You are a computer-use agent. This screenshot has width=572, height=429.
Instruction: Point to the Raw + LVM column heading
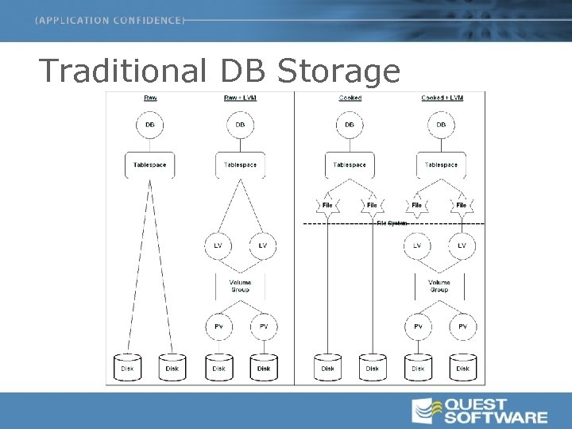[240, 98]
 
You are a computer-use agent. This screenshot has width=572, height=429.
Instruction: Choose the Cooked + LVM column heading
[441, 98]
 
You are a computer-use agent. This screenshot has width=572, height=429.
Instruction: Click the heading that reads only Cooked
[350, 98]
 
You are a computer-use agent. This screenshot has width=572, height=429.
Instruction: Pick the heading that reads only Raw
[149, 98]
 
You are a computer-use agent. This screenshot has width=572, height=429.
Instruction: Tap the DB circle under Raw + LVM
[240, 125]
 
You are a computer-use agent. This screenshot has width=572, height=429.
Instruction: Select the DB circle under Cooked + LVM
[441, 125]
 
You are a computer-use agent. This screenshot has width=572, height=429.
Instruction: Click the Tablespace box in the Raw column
[149, 164]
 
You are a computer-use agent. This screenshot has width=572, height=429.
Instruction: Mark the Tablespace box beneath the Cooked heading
[350, 164]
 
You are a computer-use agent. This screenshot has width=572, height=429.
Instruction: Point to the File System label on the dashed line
[392, 223]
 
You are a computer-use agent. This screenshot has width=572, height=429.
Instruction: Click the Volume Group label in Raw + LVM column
[240, 286]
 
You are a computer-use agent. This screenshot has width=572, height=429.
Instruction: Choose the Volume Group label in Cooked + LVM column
[439, 286]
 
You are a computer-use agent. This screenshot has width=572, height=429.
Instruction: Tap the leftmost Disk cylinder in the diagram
[127, 367]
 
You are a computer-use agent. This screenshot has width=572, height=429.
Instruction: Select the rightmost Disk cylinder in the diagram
[462, 367]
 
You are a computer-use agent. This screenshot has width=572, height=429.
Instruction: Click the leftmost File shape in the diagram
[327, 205]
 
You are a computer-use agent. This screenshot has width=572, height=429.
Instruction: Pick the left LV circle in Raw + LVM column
[218, 245]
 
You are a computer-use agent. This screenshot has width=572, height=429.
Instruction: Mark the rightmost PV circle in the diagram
[462, 326]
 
